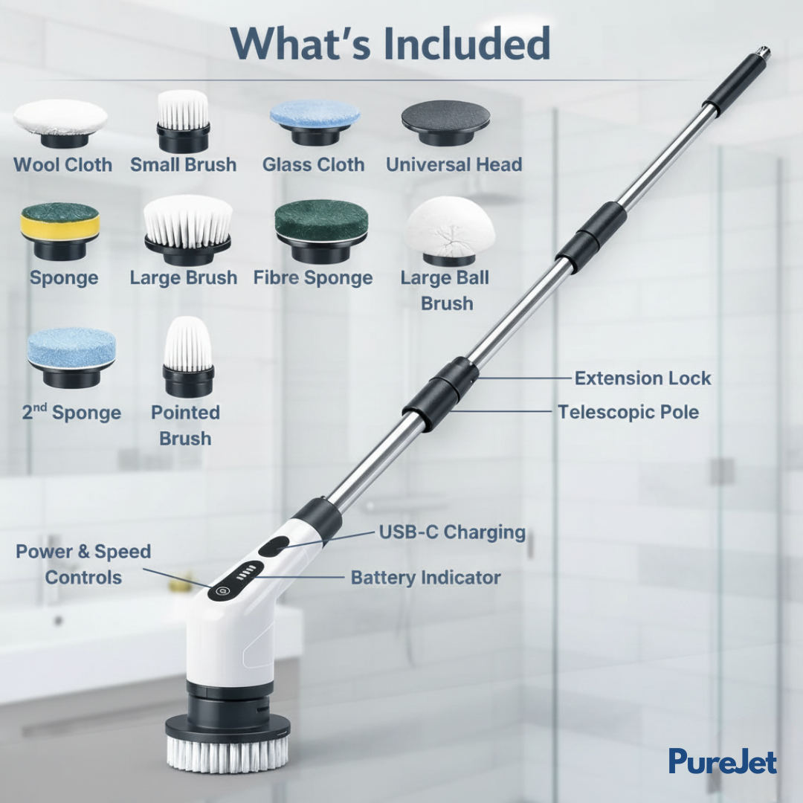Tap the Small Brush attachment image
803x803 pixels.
click(183, 120)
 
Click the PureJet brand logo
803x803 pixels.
click(722, 761)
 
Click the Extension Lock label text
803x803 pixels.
click(642, 378)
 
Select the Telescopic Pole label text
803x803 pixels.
click(628, 411)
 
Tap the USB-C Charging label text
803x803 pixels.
click(452, 532)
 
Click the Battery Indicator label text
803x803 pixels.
click(425, 577)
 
